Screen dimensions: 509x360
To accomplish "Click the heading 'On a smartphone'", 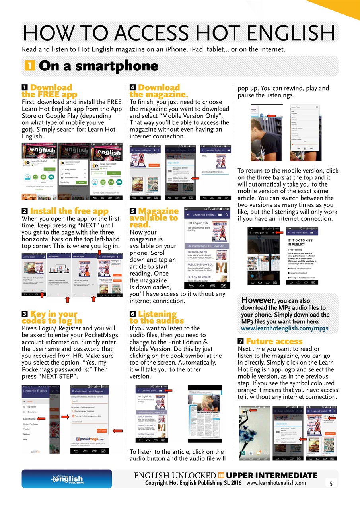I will tap(99, 66).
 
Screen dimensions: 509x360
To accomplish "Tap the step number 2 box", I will tap(25, 211).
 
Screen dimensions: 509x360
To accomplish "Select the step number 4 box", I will tap(132, 87).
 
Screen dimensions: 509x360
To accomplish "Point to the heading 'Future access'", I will tap(274, 341).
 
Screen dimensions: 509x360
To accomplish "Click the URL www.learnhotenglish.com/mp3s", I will tap(285, 328).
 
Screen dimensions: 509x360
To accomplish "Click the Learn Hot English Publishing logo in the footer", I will tap(66, 479).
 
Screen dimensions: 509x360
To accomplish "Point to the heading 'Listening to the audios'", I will tap(157, 317).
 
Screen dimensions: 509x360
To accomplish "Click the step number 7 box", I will tap(241, 342).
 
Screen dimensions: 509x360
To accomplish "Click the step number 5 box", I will tap(132, 211).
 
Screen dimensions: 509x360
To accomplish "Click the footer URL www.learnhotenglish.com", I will tap(276, 483).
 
